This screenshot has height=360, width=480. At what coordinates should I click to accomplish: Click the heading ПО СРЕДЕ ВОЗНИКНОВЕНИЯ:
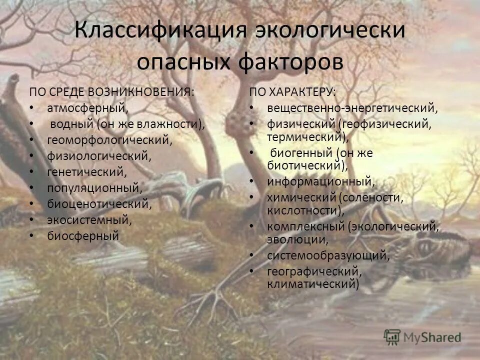pyautogui.click(x=111, y=92)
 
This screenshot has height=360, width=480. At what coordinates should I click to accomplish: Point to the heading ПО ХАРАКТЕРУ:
pyautogui.click(x=293, y=92)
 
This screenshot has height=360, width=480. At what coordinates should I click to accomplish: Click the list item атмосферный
pyautogui.click(x=88, y=107)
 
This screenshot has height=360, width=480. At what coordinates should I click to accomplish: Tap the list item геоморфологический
pyautogui.click(x=110, y=139)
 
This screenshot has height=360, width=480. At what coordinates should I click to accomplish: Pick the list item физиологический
pyautogui.click(x=99, y=155)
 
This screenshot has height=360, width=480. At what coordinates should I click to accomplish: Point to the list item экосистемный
pyautogui.click(x=89, y=219)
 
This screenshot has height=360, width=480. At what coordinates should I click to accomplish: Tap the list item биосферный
pyautogui.click(x=83, y=235)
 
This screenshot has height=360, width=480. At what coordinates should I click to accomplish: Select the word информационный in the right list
pyautogui.click(x=320, y=181)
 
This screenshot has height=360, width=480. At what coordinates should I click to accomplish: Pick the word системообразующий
pyautogui.click(x=328, y=255)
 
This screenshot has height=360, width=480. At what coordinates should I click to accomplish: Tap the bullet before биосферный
pyautogui.click(x=32, y=235)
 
